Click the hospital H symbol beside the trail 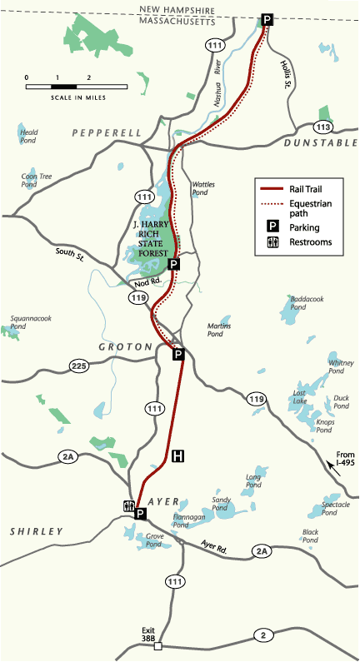tap(177, 455)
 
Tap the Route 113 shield tap(323, 127)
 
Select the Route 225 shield tap(78, 366)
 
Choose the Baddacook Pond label tap(305, 301)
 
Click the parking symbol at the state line tap(267, 19)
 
